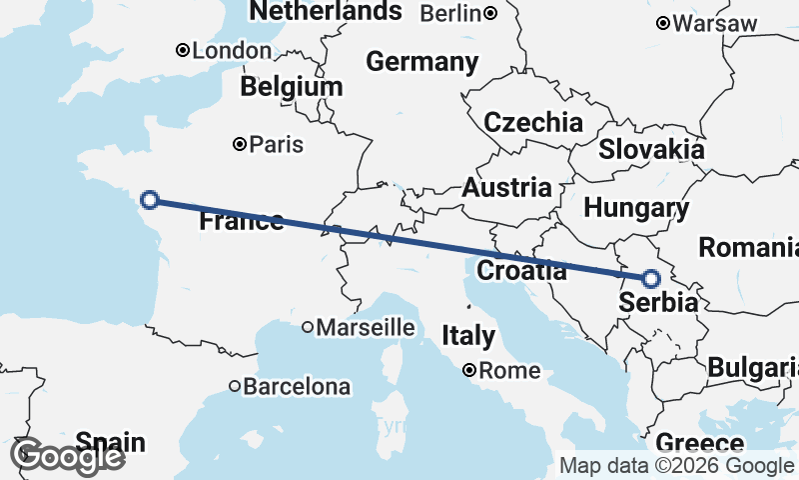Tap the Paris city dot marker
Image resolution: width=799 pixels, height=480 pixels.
point(240,144)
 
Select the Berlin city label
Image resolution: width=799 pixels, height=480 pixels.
point(452,13)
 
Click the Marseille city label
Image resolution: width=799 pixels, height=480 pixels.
point(366,327)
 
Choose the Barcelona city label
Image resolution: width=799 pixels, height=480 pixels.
point(299,386)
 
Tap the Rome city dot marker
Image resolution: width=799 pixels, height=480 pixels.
point(468,371)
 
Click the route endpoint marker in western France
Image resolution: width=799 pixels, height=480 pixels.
point(150,199)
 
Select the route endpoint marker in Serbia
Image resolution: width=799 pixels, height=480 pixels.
point(651,279)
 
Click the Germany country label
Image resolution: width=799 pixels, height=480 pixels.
point(421,62)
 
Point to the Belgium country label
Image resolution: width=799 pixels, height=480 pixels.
point(291,87)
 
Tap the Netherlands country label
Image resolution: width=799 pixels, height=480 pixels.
point(326,12)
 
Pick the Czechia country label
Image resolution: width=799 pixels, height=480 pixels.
point(533,123)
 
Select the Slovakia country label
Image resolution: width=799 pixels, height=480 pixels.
point(651,150)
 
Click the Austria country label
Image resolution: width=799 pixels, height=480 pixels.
point(506,187)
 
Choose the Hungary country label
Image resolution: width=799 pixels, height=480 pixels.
point(636,209)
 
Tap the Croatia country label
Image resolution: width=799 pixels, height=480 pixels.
point(522,270)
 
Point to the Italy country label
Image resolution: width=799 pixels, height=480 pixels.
point(468,335)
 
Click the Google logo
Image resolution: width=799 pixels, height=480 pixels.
point(67,456)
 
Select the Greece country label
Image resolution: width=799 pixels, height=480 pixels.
point(700,443)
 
